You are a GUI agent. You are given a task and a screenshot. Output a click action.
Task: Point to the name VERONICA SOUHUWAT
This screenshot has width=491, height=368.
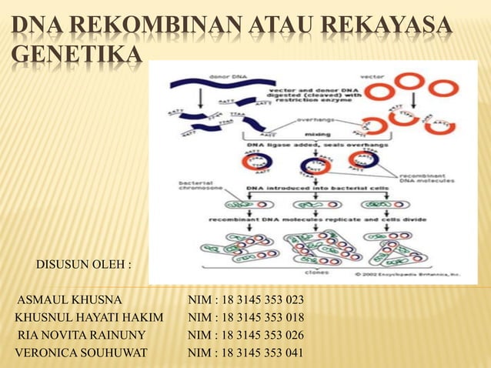[x=82, y=353]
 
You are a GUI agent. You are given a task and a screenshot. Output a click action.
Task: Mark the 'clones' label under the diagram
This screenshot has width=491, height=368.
[x=316, y=271]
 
